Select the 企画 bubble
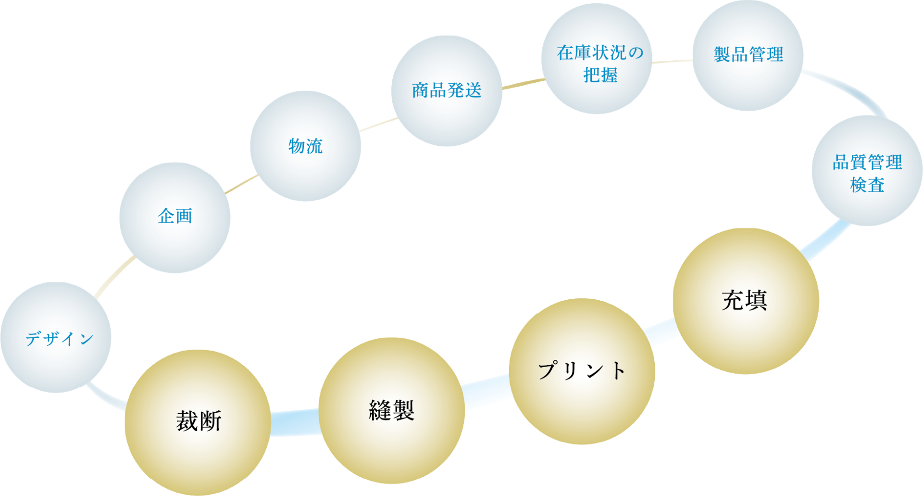pyautogui.click(x=175, y=217)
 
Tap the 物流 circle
pyautogui.click(x=305, y=146)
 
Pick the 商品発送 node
pyautogui.click(x=447, y=91)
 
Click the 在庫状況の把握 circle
pyautogui.click(x=597, y=59)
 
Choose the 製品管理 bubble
pyautogui.click(x=748, y=55)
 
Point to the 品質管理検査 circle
pyautogui.click(x=867, y=171)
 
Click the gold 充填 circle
pyautogui.click(x=746, y=301)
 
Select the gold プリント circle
pyautogui.click(x=582, y=371)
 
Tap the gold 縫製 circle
pyautogui.click(x=391, y=410)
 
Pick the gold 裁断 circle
pyautogui.click(x=198, y=422)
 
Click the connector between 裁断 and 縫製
pyautogui.click(x=294, y=423)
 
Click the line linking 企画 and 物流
pyautogui.click(x=242, y=185)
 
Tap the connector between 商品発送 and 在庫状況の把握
pyautogui.click(x=523, y=84)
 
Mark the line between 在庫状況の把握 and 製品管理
pyautogui.click(x=672, y=62)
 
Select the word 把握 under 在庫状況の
pyautogui.click(x=600, y=76)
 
